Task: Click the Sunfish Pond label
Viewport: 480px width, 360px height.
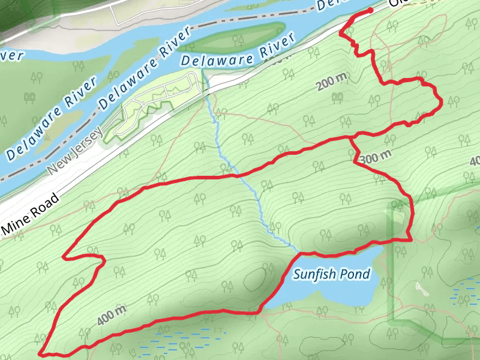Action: [x=332, y=274]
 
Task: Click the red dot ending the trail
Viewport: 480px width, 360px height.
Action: [x=370, y=10]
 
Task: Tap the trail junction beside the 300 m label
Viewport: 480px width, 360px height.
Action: [x=351, y=138]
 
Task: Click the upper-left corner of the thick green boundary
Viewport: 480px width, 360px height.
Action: [x=394, y=205]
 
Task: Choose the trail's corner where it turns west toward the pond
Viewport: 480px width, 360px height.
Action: [x=410, y=239]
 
